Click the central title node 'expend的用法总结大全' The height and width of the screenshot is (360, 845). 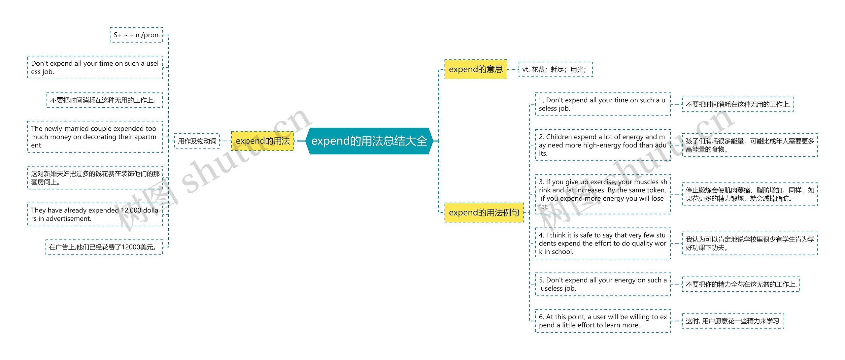(x=369, y=141)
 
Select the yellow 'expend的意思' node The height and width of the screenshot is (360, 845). (x=475, y=69)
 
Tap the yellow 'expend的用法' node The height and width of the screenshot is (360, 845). (x=262, y=141)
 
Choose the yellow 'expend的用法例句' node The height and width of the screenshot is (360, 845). (x=484, y=213)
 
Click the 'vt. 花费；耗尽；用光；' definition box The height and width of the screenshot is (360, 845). (x=555, y=69)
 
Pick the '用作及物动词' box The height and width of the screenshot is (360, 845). (x=197, y=141)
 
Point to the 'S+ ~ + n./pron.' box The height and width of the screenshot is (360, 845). (x=136, y=35)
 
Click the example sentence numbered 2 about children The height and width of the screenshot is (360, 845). (x=602, y=145)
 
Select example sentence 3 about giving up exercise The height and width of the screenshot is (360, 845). (x=602, y=194)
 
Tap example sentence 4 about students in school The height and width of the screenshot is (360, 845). (x=602, y=243)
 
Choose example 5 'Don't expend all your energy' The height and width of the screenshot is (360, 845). (x=602, y=284)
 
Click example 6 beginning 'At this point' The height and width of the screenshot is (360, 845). (x=602, y=321)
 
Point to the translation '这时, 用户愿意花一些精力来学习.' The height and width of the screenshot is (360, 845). (x=733, y=321)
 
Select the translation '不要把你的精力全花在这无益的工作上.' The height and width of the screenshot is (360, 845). (x=741, y=284)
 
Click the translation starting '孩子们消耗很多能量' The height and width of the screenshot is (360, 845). (x=750, y=145)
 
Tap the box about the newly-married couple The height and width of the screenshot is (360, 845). (x=95, y=137)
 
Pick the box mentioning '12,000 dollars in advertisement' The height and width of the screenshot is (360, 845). (x=95, y=214)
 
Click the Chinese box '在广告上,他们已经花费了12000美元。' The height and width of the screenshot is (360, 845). (x=104, y=247)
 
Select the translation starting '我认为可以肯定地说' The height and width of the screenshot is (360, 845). (x=750, y=243)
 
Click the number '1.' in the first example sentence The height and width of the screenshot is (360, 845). (x=542, y=100)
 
